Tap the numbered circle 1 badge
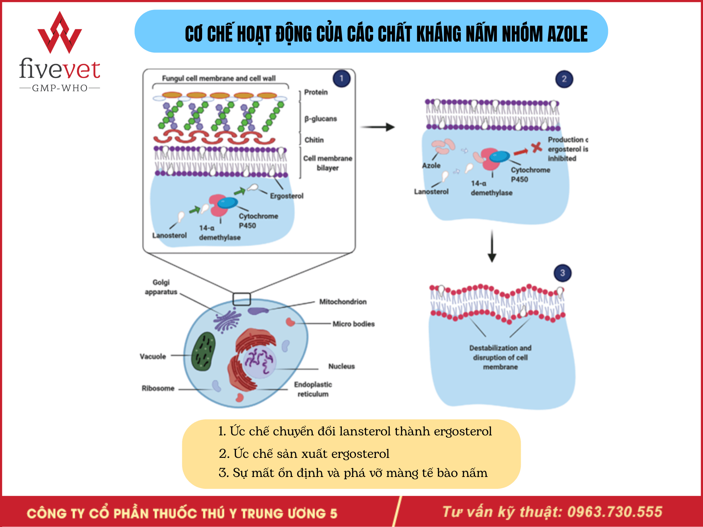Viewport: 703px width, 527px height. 341,79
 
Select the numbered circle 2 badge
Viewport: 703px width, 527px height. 564,79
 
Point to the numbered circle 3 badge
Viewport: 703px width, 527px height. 562,273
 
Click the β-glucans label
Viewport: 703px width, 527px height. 320,119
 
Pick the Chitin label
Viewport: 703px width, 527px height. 314,140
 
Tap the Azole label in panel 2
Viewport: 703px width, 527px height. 431,166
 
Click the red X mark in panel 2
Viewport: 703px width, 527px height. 536,147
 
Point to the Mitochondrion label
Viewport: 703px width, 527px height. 342,302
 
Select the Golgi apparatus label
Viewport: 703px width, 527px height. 161,287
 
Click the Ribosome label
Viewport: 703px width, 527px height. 158,388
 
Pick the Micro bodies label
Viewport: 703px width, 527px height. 353,324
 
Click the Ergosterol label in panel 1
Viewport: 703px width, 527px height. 286,196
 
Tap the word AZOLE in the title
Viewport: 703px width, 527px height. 567,34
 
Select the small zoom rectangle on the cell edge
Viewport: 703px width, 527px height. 242,299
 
